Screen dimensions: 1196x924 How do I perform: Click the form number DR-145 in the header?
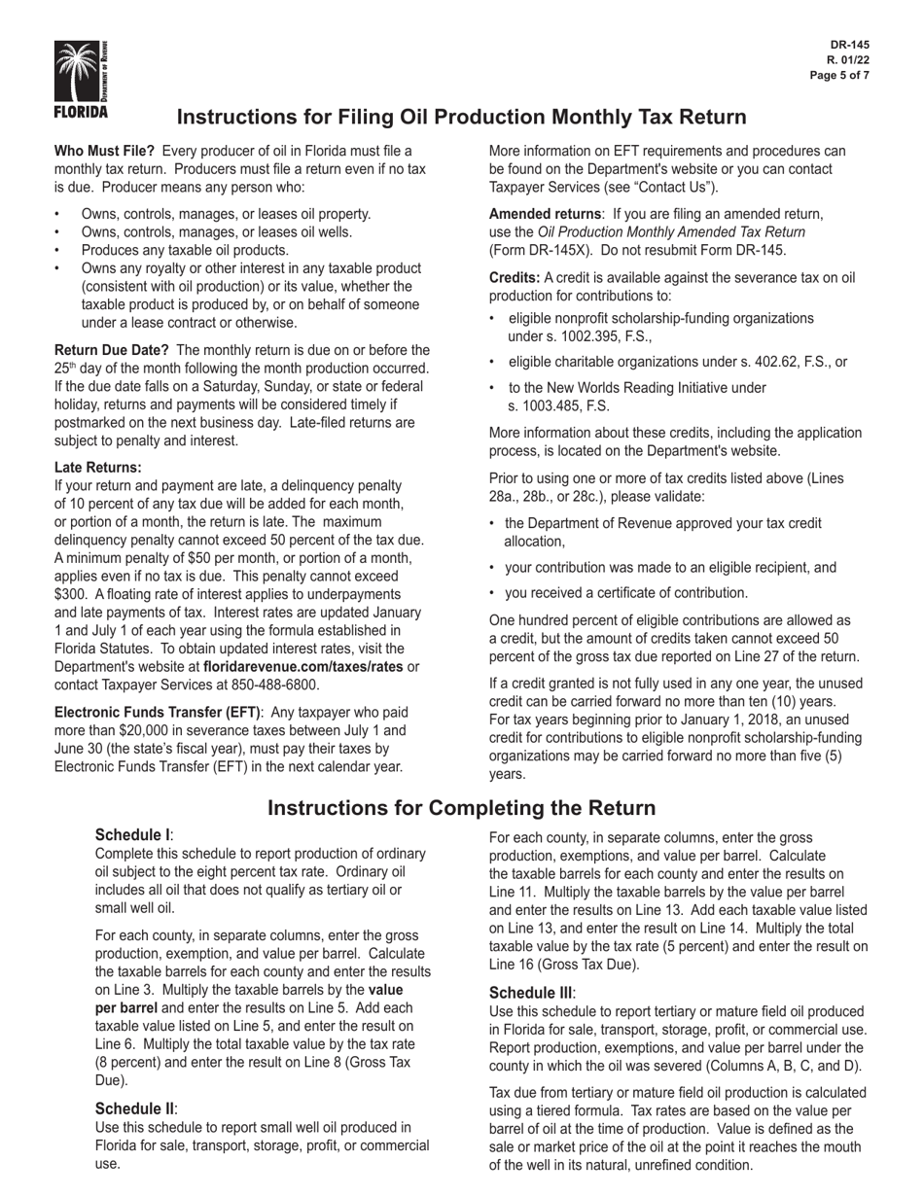(850, 45)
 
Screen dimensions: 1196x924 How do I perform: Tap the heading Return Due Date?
(112, 350)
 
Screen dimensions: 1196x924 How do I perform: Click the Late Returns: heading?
(98, 468)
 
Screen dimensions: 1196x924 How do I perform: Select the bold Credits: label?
(515, 278)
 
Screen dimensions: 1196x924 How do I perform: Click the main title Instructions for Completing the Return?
(461, 808)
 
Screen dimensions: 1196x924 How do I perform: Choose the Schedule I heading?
(133, 835)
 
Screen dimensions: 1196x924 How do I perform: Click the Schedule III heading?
(531, 993)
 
